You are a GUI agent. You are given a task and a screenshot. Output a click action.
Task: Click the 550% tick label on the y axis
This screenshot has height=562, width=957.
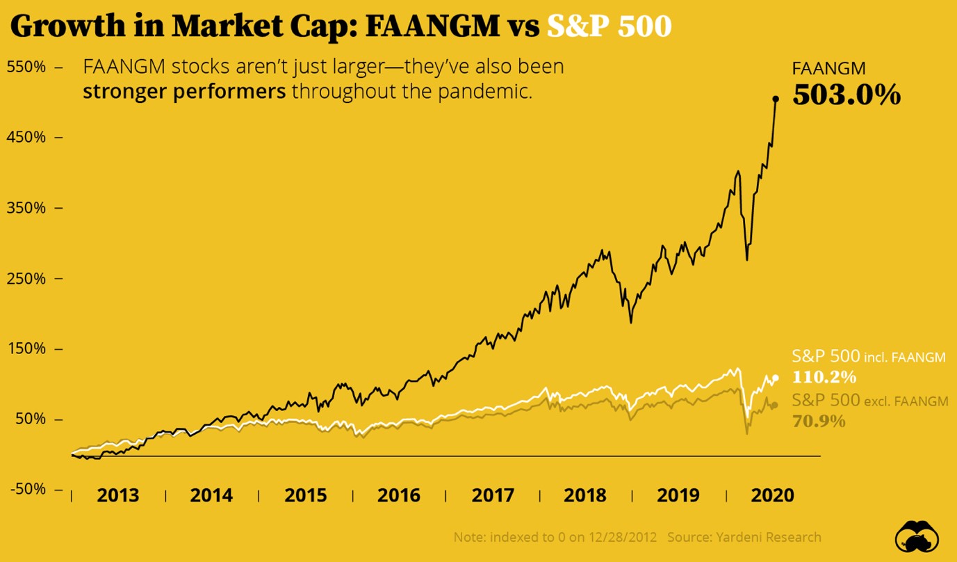coord(26,67)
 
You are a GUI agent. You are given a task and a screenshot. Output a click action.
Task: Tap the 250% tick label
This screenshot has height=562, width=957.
coord(26,278)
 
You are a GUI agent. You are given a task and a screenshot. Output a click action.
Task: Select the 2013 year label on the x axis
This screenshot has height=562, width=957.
coord(118,495)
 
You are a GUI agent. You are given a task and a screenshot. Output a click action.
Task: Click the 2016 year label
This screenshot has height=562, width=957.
coord(399,495)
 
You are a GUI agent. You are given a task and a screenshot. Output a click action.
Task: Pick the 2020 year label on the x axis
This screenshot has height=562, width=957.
coord(773,495)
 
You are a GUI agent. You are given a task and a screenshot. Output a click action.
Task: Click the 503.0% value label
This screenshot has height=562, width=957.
coord(846,95)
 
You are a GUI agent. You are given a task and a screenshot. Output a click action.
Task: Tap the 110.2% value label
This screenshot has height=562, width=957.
coord(824,378)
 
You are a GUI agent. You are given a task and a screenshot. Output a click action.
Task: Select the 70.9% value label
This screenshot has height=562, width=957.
coord(819,421)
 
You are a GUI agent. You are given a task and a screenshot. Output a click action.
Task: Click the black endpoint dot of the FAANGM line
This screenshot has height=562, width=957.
coord(776,99)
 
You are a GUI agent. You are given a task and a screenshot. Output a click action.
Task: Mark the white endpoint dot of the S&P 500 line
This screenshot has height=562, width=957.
coord(776,378)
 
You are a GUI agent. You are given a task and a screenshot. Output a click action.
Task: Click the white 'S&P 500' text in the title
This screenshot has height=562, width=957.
coord(610,26)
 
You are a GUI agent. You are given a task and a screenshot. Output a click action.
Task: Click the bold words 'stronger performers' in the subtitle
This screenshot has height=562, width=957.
coord(184,92)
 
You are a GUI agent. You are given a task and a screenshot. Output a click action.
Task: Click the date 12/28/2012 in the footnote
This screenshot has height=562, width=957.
coord(621,537)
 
